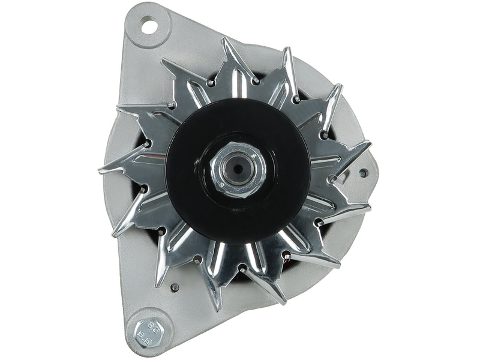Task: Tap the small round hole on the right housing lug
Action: (x=362, y=173)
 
